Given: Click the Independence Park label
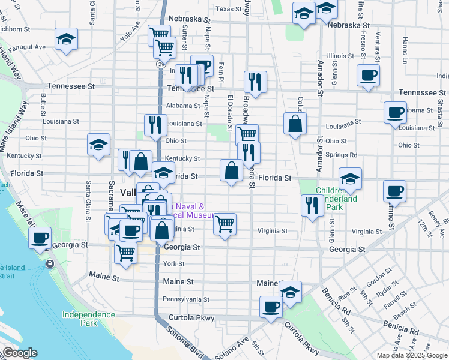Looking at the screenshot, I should pos(88,319).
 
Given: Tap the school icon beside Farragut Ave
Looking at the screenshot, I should pos(66,40).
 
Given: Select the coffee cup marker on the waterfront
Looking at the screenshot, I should pos(40,238).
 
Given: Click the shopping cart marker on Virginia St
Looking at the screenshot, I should pos(224,224).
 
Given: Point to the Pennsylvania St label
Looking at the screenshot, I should pos(186,299).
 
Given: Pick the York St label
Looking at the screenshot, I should pos(174,264).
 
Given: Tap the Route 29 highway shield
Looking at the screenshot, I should pos(161,63).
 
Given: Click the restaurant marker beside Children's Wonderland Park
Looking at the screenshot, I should pos(312,206).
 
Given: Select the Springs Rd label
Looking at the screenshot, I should pos(341,155).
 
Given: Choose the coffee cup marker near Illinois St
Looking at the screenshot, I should pos(368,76).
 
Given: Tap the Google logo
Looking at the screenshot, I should pos(19,353).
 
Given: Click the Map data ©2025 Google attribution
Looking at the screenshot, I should pos(412,355).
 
